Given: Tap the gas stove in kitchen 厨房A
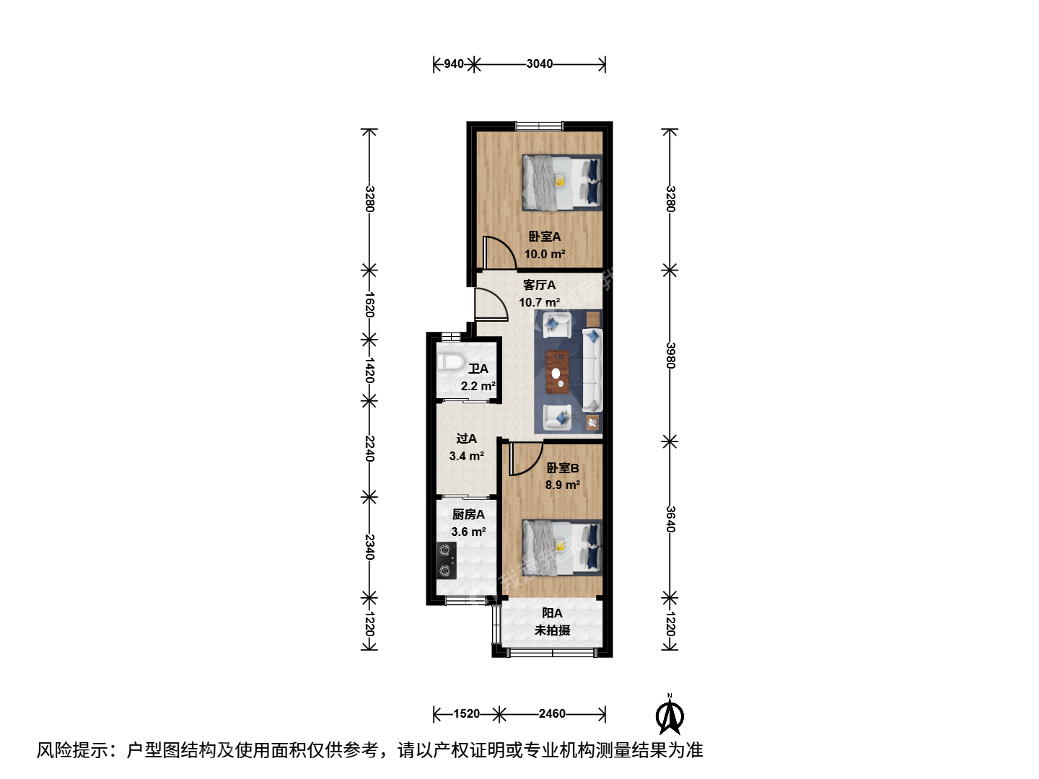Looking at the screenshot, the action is coord(446,560).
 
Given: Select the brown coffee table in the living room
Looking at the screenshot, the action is coord(557,371).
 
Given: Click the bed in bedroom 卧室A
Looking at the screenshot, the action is coord(562,182).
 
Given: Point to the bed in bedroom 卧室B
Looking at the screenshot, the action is coord(562,547).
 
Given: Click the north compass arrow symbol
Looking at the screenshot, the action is coord(670,715).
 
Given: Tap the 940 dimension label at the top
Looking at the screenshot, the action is coord(453,64).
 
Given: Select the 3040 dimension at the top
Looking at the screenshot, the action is coord(539,64).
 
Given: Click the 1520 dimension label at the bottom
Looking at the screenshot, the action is coord(466,714).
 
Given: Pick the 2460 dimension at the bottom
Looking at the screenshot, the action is coord(552,714).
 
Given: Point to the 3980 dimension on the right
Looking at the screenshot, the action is coord(670,355).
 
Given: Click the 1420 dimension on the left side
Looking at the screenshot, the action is coord(369,370).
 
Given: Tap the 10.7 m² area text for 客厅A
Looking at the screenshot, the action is coord(539,302).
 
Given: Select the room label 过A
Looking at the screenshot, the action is coord(466,439).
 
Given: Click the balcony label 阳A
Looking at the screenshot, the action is coord(552,613).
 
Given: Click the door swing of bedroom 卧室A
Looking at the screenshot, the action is coord(499,252).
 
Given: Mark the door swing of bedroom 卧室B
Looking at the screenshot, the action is coord(526,458).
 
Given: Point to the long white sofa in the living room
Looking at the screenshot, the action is coord(592,370).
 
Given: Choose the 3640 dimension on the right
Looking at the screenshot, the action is coord(670,519).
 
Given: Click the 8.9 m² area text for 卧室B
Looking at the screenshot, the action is coord(562,485).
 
